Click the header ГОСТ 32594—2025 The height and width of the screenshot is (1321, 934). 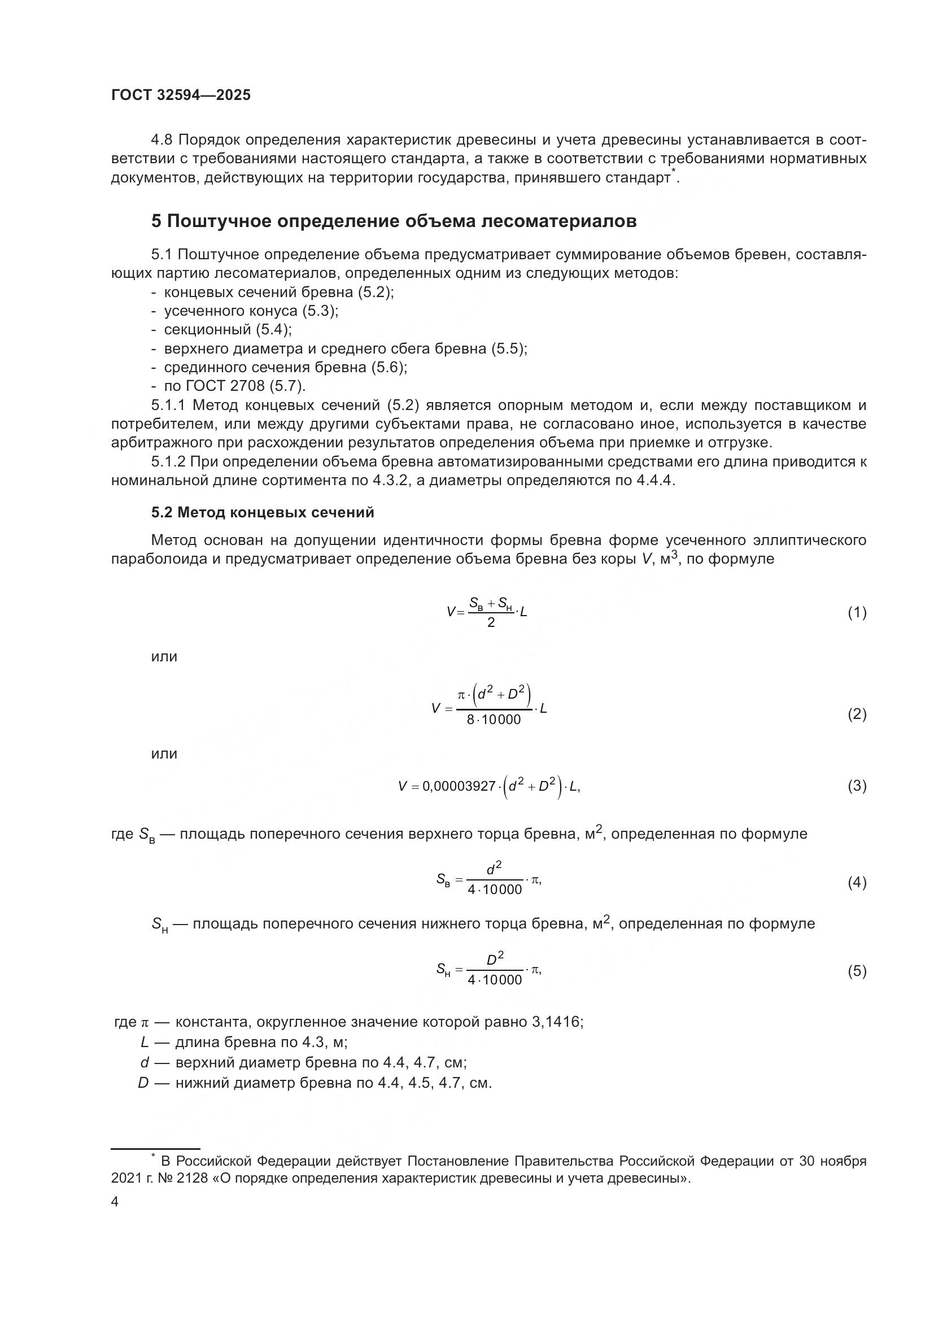[x=181, y=95]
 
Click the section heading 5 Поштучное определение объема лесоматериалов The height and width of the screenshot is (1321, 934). [x=394, y=221]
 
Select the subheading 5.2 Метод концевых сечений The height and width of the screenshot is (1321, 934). [x=263, y=512]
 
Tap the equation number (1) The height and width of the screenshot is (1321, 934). [x=857, y=613]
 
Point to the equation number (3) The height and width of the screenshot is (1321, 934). [x=857, y=786]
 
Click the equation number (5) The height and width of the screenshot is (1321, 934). [x=857, y=971]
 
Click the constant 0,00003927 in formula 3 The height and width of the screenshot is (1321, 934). [x=459, y=787]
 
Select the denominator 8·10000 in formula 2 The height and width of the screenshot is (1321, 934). [x=494, y=720]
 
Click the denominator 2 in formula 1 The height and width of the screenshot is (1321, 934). [x=491, y=623]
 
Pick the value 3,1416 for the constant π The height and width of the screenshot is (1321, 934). [x=557, y=1022]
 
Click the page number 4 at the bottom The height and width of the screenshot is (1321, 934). [x=115, y=1202]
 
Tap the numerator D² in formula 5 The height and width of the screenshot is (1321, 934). [x=495, y=960]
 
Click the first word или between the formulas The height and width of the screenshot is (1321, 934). [x=164, y=656]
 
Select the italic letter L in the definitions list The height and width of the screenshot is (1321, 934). [x=145, y=1042]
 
